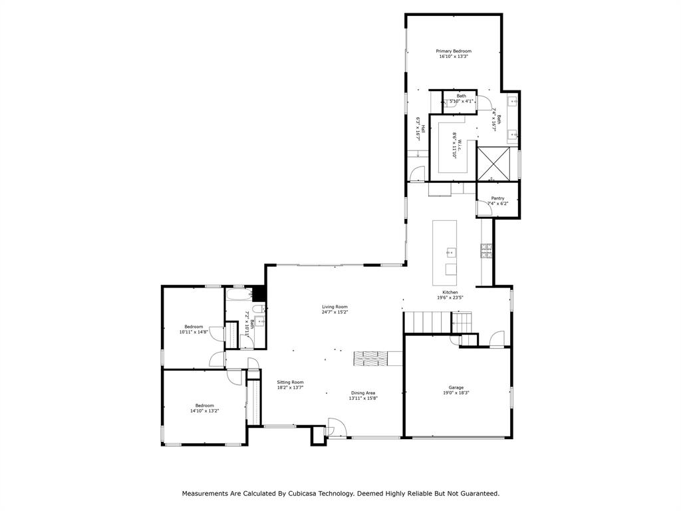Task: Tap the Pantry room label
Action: [497, 198]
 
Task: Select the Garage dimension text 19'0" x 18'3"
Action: [456, 393]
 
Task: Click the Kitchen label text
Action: [450, 292]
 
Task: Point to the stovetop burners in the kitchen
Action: [486, 250]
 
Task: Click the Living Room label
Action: [335, 307]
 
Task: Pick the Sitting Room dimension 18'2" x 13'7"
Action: [291, 387]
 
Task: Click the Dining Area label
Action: [364, 393]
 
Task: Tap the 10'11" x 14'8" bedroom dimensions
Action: [194, 332]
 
